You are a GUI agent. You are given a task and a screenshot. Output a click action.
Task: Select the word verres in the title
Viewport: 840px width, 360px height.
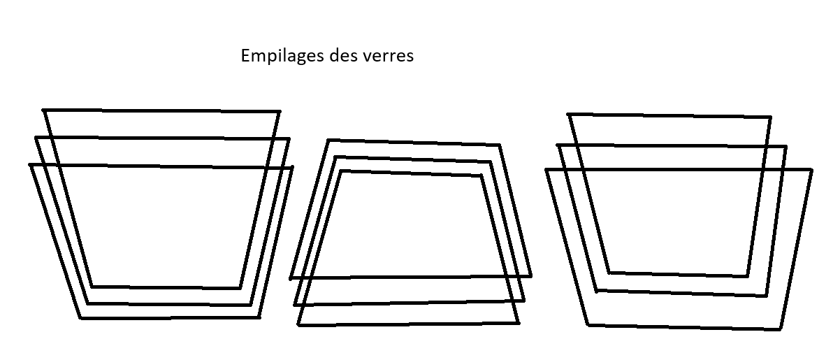tap(388, 57)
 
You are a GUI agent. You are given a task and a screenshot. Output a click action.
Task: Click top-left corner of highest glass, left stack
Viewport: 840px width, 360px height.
tap(43, 110)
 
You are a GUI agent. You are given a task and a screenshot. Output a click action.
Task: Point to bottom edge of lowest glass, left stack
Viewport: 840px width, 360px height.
tap(171, 318)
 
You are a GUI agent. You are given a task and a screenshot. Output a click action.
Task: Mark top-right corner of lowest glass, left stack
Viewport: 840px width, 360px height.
tap(292, 168)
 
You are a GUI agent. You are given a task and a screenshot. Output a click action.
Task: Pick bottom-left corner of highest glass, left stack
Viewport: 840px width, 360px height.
tap(92, 287)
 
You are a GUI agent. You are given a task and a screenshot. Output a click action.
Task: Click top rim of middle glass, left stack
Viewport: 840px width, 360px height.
tap(162, 138)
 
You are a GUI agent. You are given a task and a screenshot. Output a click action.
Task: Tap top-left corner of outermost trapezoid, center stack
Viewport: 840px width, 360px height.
tap(328, 141)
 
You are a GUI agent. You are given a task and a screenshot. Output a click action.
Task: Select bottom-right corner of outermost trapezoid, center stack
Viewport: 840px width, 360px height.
tap(530, 276)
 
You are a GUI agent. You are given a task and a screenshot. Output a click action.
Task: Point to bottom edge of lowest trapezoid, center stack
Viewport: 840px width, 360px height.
tap(409, 324)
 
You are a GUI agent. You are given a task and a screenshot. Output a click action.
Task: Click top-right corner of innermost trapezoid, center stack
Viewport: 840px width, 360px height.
tap(481, 175)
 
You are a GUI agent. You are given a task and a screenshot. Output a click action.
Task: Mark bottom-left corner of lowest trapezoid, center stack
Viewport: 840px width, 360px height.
tap(299, 325)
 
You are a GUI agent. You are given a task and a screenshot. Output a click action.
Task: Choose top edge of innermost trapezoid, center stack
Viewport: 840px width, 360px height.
tap(411, 173)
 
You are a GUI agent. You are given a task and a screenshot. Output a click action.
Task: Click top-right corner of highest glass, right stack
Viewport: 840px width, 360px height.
tap(770, 117)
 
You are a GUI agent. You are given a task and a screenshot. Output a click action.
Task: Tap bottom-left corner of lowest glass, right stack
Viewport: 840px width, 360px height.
tap(588, 325)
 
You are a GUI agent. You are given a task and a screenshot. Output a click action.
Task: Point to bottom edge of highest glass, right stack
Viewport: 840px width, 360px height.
tap(679, 275)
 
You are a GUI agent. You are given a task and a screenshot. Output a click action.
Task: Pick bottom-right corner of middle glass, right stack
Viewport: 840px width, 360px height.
tap(766, 296)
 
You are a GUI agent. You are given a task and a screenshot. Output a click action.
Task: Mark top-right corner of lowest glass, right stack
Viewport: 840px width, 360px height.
tap(811, 171)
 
